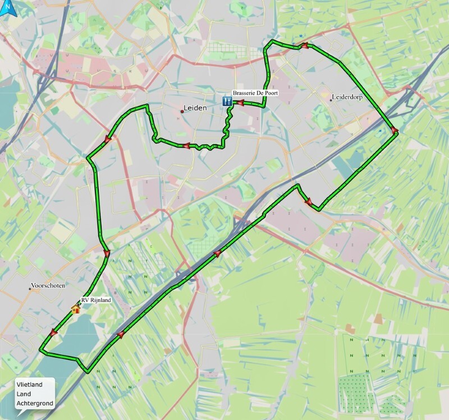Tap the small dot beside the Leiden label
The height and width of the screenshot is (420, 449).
pos(182,111)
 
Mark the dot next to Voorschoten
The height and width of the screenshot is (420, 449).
pos(30,289)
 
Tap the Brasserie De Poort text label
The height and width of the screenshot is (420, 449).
pos(255,94)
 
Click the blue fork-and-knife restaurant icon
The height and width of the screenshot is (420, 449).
pos(227,101)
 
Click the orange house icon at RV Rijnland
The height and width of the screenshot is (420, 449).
pos(75,308)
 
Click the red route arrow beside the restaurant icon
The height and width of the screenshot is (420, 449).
pos(239,103)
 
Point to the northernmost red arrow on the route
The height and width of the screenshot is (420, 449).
pos(304,47)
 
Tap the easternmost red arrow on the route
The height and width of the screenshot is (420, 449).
pos(394,131)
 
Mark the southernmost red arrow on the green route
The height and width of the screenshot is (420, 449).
pos(120,335)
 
